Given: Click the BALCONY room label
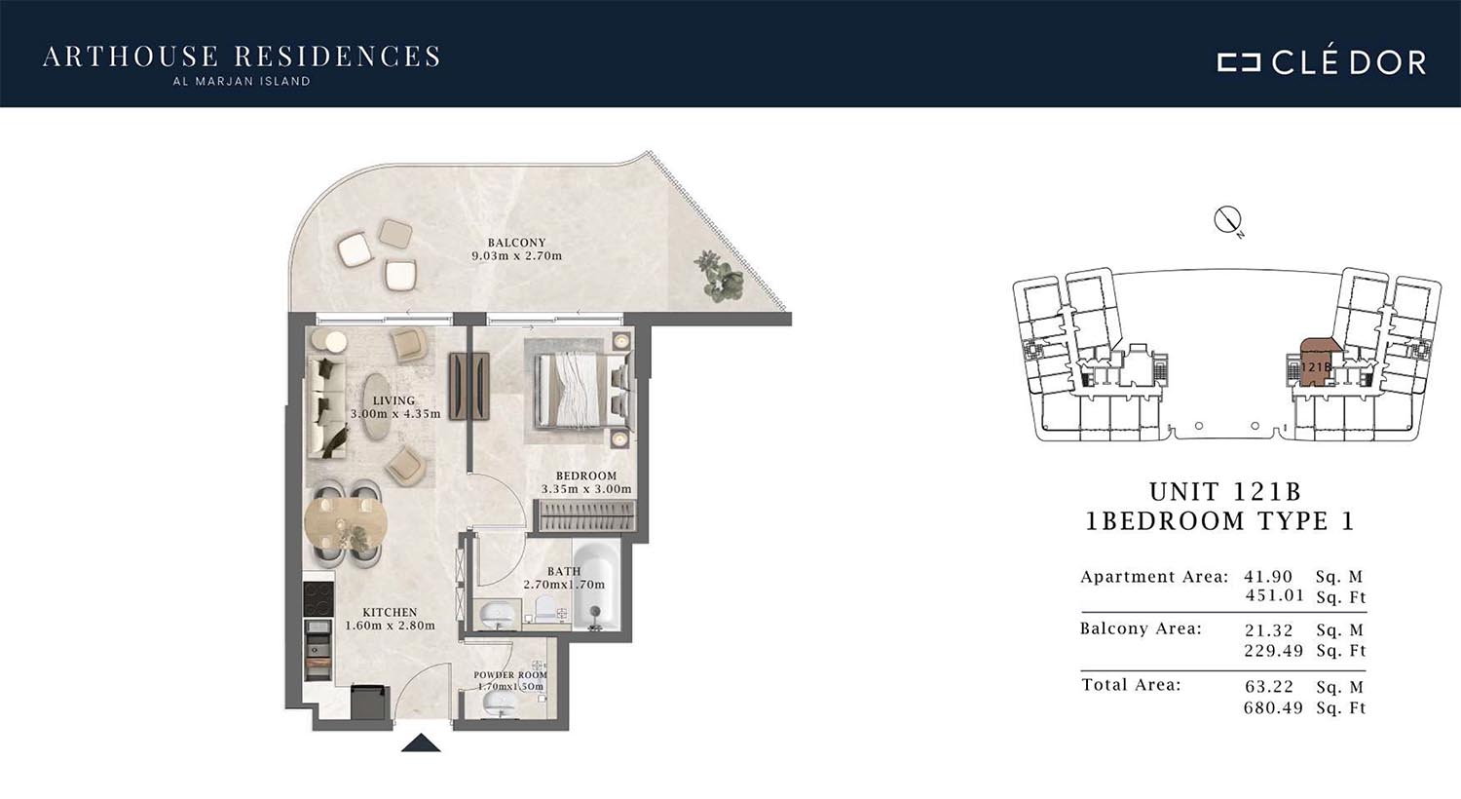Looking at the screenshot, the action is pyautogui.click(x=516, y=243).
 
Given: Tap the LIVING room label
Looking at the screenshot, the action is pyautogui.click(x=393, y=400).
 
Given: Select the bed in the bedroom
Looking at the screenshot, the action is pyautogui.click(x=583, y=391).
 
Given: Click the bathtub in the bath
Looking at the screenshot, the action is pyautogui.click(x=595, y=585).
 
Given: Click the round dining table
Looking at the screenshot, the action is pyautogui.click(x=346, y=523).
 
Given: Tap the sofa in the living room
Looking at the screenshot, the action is pyautogui.click(x=326, y=407).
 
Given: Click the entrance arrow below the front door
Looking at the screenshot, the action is pyautogui.click(x=421, y=742).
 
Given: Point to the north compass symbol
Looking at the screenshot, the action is pyautogui.click(x=1227, y=220).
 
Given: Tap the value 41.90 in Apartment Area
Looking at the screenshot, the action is pyautogui.click(x=1268, y=577).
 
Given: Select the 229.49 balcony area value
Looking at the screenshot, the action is pyautogui.click(x=1273, y=650).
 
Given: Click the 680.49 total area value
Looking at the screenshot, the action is pyautogui.click(x=1273, y=707).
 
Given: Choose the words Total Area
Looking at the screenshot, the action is pyautogui.click(x=1131, y=685).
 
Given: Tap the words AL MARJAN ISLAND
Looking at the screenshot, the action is pyautogui.click(x=242, y=82).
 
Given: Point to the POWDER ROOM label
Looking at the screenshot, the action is pyautogui.click(x=510, y=675).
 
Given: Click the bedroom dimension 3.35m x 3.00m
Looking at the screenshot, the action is pyautogui.click(x=586, y=489).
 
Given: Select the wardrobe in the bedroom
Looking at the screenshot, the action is pyautogui.click(x=585, y=515).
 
